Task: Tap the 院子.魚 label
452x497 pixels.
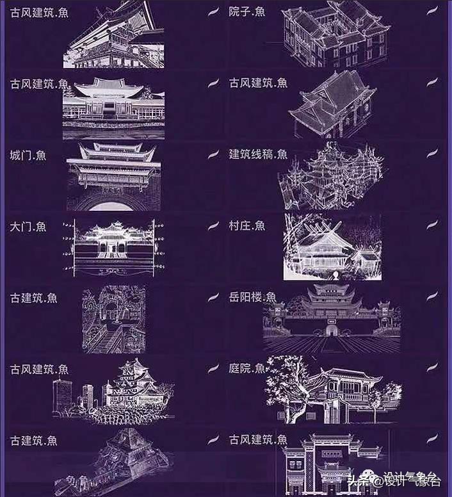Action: (247, 12)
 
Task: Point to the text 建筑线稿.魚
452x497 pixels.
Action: (258, 154)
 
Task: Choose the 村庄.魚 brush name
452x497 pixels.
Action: (247, 225)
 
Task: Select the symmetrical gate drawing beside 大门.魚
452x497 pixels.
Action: (113, 247)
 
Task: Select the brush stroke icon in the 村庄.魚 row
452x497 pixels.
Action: (432, 225)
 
